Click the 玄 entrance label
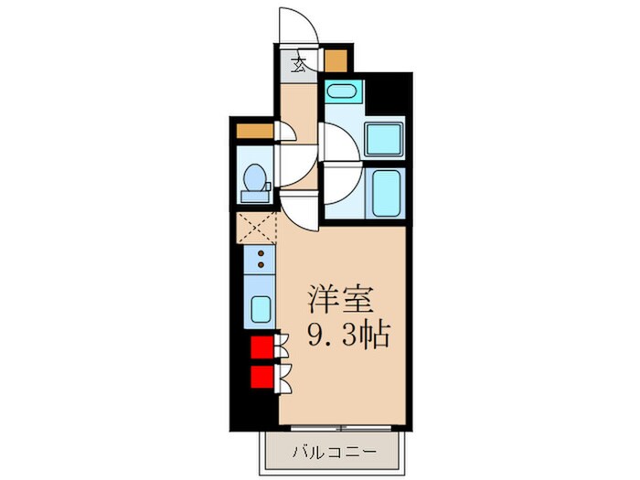[x=299, y=65]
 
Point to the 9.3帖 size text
[x=348, y=334]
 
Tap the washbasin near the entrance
[x=344, y=92]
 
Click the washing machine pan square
[x=384, y=138]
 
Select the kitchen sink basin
[x=261, y=309]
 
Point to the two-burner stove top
[x=261, y=259]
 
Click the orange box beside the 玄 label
[x=336, y=60]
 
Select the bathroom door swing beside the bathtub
[x=340, y=190]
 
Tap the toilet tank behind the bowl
[x=253, y=194]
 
